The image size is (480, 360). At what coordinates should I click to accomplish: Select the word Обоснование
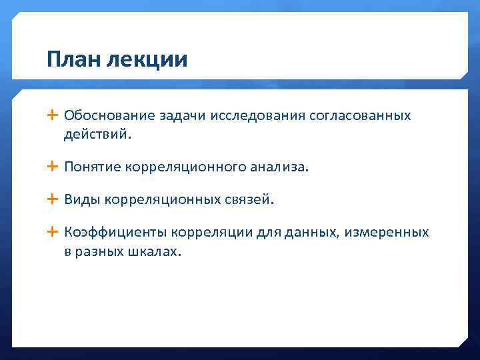109,115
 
